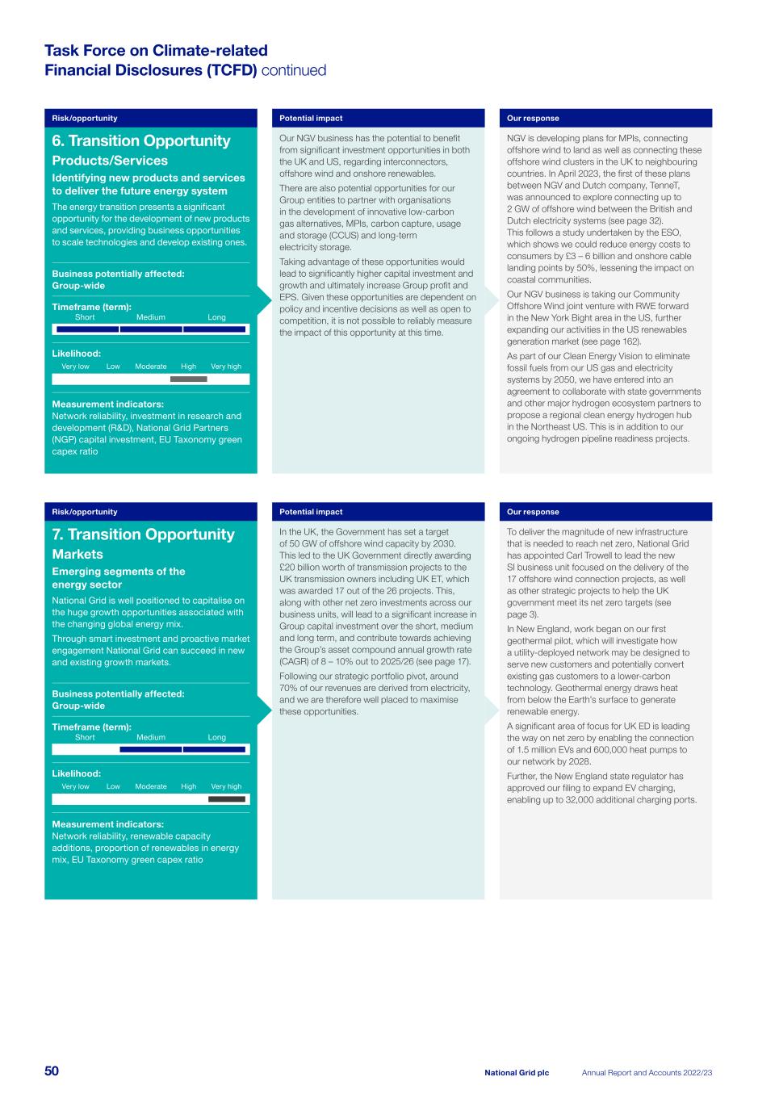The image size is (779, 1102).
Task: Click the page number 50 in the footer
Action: [52, 1071]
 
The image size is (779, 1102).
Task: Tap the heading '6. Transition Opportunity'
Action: [141, 141]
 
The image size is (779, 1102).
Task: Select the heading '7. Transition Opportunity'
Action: [143, 534]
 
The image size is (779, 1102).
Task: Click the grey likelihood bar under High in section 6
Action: [188, 379]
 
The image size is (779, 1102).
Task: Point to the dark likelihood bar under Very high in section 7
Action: [227, 799]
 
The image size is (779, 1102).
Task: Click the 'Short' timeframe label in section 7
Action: [85, 737]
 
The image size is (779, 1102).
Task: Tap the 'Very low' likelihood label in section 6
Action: [75, 367]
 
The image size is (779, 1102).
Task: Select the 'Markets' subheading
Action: [77, 555]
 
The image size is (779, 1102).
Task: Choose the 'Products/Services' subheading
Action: [110, 161]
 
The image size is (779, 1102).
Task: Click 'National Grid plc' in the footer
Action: [517, 1073]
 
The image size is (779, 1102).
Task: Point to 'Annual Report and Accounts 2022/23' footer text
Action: [647, 1073]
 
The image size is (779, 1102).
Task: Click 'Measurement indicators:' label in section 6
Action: [107, 404]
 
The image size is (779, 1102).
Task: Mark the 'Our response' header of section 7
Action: [533, 512]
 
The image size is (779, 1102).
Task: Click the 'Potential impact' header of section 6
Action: [311, 119]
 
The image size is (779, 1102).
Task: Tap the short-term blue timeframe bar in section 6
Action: [86, 329]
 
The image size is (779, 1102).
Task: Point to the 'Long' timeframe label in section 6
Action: [216, 317]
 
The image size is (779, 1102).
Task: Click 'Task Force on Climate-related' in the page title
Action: [156, 51]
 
